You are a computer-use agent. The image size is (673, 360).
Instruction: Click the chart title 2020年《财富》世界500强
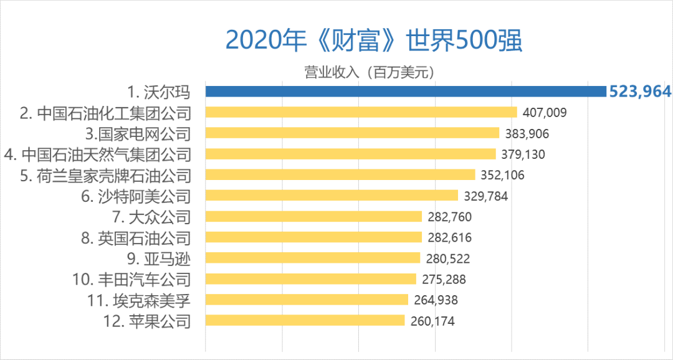coord(373,40)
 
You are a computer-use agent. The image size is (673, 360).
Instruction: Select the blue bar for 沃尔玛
coord(406,92)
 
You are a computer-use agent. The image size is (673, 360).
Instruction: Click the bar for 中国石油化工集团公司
coord(361,112)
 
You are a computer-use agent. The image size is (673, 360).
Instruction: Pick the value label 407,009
coord(545,113)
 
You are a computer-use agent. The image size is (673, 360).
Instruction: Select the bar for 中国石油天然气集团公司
coord(351,154)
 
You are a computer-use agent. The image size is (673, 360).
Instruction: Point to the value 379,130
coord(523,154)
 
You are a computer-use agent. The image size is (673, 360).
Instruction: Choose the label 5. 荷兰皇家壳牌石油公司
coord(105,175)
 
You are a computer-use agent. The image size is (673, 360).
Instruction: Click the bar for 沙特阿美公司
coord(332,196)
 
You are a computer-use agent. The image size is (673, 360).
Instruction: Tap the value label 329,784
coord(486,196)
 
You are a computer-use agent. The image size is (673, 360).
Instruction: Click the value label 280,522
coord(448,258)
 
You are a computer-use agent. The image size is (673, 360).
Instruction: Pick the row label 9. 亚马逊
coord(155,258)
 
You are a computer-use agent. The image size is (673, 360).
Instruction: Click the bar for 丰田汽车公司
coord(311,279)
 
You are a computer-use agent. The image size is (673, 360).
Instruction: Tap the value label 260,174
coord(432,321)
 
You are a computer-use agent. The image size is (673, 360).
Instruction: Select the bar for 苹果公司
coord(305,321)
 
